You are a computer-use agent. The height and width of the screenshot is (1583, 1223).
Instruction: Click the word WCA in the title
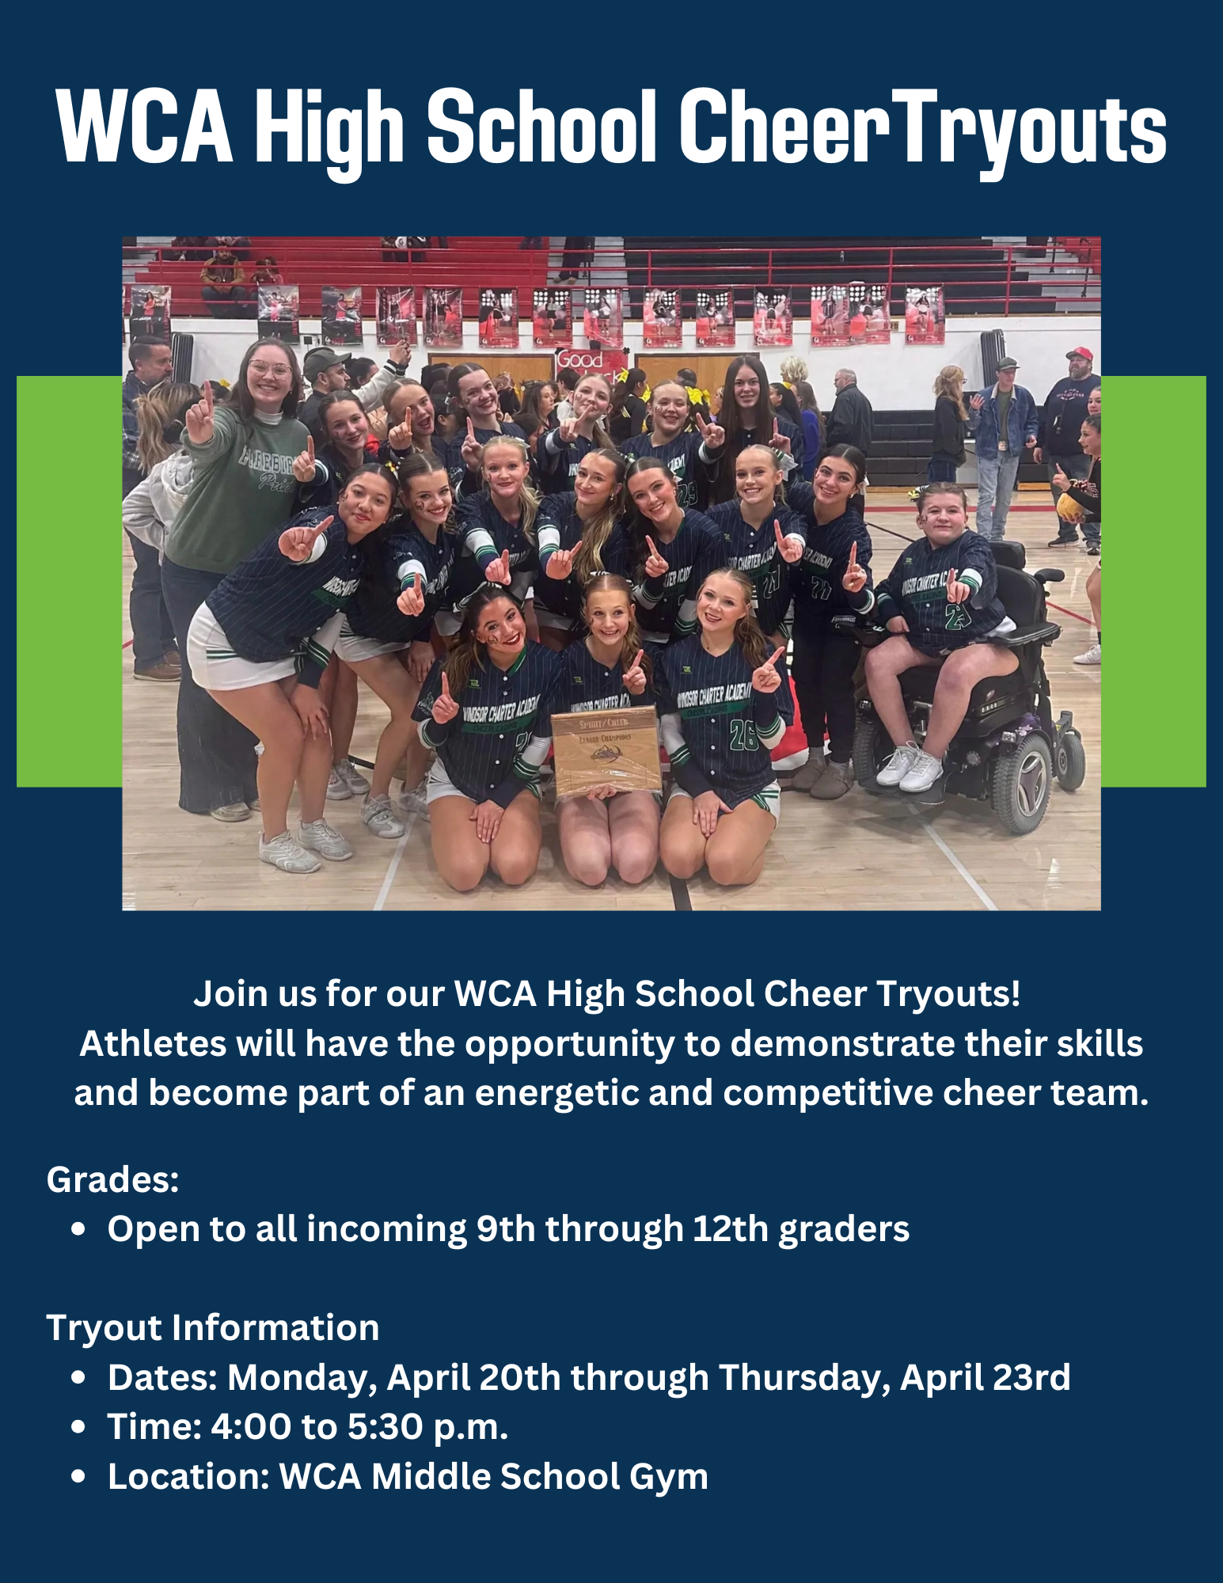pyautogui.click(x=145, y=127)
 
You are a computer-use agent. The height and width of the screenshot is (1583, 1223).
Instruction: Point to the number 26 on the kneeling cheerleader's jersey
pyautogui.click(x=743, y=735)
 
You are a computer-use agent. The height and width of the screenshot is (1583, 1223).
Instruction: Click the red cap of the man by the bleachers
pyautogui.click(x=1079, y=353)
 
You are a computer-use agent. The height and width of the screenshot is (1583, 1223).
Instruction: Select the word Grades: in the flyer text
pyautogui.click(x=113, y=1179)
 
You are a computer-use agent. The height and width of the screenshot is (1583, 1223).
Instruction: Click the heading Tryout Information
pyautogui.click(x=213, y=1327)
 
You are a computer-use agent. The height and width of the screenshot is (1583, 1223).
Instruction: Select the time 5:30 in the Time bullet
pyautogui.click(x=385, y=1427)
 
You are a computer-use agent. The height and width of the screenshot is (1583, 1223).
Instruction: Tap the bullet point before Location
pyautogui.click(x=78, y=1476)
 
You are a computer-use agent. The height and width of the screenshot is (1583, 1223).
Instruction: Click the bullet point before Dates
pyautogui.click(x=78, y=1377)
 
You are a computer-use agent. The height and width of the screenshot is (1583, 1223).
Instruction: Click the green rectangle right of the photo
pyautogui.click(x=1153, y=581)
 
